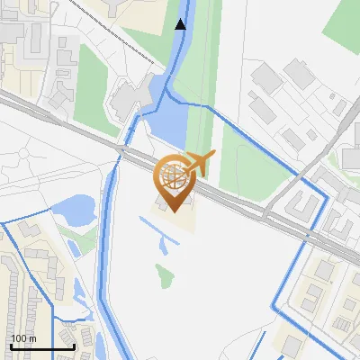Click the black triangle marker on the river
click(x=181, y=24)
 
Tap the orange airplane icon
click(x=199, y=163)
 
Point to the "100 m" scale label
click(x=23, y=338)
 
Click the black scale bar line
click(x=42, y=346)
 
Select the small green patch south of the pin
click(x=164, y=275)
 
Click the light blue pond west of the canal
click(x=73, y=212)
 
